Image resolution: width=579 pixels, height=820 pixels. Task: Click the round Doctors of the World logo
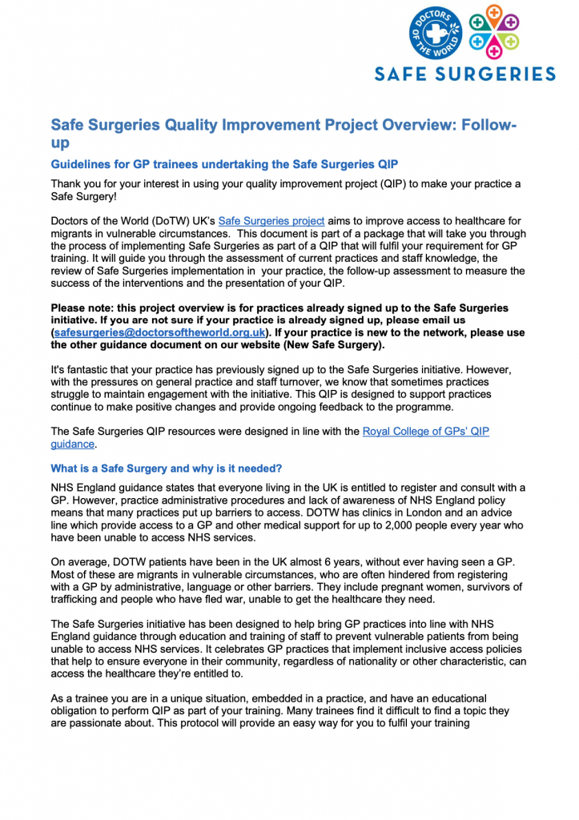[435, 33]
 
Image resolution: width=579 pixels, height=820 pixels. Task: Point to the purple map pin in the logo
[530, 19]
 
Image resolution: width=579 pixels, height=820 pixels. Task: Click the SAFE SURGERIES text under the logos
[465, 74]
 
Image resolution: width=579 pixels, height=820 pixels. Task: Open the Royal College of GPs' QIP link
[425, 432]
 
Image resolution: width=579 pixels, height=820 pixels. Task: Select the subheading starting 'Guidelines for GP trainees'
[224, 164]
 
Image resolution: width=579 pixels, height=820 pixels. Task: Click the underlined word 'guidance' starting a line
[73, 444]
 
